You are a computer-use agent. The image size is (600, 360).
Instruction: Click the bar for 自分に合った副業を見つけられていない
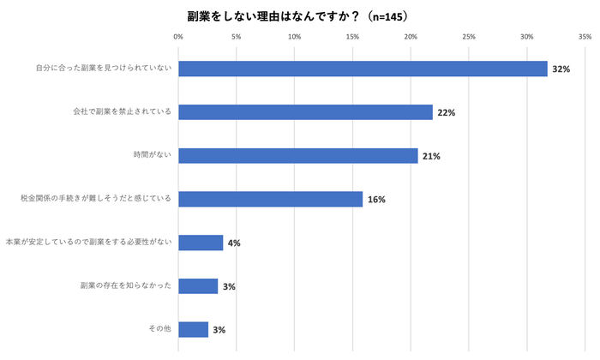(362, 69)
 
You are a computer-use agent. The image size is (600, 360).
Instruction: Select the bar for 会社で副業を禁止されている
(305, 112)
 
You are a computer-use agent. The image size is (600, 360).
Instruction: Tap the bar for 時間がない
(297, 155)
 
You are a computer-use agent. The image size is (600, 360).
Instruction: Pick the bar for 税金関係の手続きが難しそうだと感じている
(270, 199)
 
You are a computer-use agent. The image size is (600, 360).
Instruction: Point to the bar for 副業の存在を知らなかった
(198, 286)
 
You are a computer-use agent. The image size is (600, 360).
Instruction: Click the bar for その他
(193, 329)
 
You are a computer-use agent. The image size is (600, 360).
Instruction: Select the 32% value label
(561, 69)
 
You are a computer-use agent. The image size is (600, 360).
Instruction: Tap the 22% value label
(446, 112)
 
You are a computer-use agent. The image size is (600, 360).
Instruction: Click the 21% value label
(431, 156)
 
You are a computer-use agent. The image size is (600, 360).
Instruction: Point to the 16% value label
(376, 200)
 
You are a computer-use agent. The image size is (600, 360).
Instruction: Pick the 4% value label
(233, 243)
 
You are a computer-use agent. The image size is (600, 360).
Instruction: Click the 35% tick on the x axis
(585, 37)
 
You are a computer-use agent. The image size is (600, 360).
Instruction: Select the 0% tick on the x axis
(178, 37)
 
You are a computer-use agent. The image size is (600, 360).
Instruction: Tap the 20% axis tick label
(411, 37)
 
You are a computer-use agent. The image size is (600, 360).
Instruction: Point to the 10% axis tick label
(294, 37)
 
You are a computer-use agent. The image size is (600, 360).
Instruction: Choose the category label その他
(160, 329)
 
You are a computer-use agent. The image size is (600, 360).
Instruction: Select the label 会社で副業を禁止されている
(124, 112)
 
